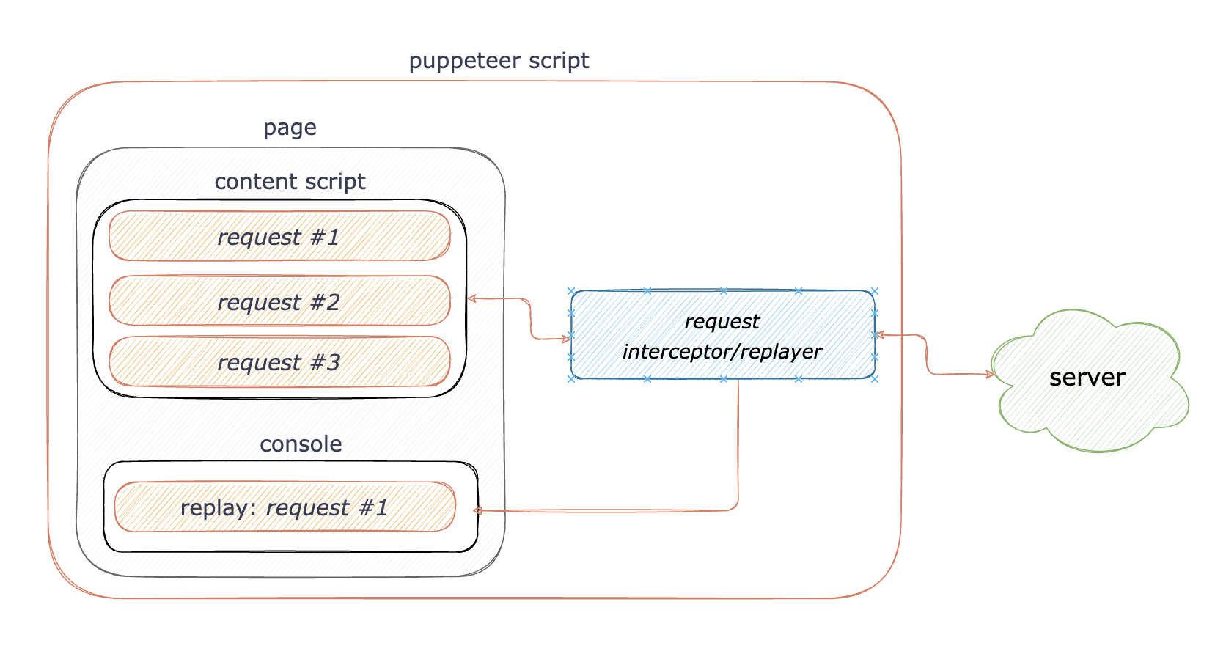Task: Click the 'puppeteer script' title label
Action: [x=499, y=61]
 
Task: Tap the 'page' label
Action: [x=290, y=128]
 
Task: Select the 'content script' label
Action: [x=290, y=182]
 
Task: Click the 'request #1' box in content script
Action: [x=279, y=237]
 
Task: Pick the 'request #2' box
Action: [x=279, y=301]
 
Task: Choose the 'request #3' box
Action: [x=279, y=362]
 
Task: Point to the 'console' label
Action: [x=301, y=444]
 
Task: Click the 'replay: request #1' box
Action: [x=285, y=507]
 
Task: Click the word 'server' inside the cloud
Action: [x=1087, y=378]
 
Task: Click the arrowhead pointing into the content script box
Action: [x=471, y=298]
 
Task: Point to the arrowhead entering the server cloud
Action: [x=990, y=375]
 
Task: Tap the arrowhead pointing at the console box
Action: [x=477, y=510]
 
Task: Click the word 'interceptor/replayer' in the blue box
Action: [x=722, y=352]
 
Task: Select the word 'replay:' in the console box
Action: [x=218, y=508]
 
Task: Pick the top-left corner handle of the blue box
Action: [x=571, y=292]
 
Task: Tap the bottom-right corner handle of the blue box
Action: [x=875, y=379]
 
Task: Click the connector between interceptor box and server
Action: [x=927, y=356]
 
